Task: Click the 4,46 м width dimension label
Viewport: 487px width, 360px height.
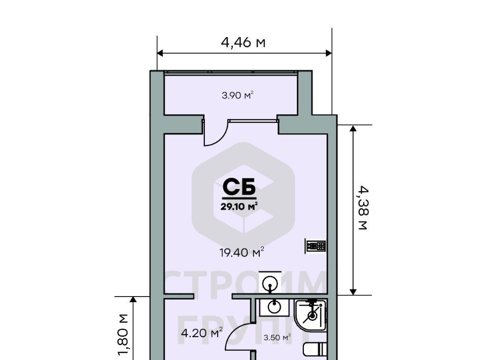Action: coord(243,42)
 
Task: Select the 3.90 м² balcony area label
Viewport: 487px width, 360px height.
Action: coord(237,95)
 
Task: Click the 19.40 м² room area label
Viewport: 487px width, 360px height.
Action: coord(242,252)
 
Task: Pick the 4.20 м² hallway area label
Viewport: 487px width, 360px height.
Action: coord(202,333)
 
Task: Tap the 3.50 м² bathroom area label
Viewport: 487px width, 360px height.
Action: coord(277,337)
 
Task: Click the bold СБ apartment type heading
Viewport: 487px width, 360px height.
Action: coord(239,187)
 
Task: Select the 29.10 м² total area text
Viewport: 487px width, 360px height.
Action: coord(239,206)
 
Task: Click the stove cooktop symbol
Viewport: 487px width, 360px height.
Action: coord(316,246)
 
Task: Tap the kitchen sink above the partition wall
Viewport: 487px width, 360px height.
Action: coord(269,282)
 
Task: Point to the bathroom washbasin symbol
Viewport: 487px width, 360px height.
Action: coord(274,307)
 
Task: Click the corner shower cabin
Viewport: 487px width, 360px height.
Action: coord(310,315)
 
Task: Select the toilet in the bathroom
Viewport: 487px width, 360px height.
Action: coord(315,349)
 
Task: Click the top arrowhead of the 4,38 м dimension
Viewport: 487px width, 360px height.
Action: coord(353,128)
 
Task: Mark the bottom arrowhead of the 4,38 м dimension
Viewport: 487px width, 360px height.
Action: coord(353,292)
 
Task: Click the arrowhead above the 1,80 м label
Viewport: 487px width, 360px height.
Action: coord(133,300)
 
